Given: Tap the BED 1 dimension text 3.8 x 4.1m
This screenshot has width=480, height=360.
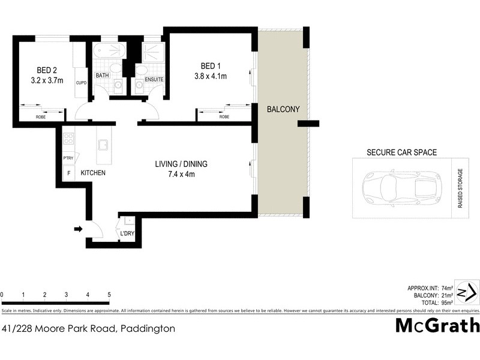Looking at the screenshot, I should pyautogui.click(x=215, y=76).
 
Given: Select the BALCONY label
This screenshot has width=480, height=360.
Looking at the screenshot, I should pyautogui.click(x=283, y=109).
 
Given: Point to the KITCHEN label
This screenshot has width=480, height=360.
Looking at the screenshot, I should pyautogui.click(x=93, y=173).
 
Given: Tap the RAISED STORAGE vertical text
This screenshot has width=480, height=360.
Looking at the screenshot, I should pyautogui.click(x=461, y=188).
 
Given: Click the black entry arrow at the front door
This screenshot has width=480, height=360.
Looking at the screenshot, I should pyautogui.click(x=77, y=229).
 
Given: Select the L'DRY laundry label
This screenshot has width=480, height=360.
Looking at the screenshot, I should pyautogui.click(x=127, y=233).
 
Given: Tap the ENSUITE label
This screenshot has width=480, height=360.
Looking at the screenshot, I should pyautogui.click(x=154, y=79).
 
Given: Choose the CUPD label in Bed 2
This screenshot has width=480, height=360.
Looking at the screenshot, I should pyautogui.click(x=81, y=83).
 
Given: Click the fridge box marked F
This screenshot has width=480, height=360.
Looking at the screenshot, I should pyautogui.click(x=68, y=173).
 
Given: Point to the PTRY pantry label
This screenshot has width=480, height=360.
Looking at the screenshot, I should pyautogui.click(x=68, y=158).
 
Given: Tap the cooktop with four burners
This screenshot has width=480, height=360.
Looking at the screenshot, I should pyautogui.click(x=68, y=139).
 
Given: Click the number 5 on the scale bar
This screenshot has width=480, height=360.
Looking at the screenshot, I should pyautogui.click(x=109, y=295).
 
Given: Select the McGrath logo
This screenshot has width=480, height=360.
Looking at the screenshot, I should pyautogui.click(x=437, y=325).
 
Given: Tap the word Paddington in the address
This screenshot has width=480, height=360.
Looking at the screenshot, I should pyautogui.click(x=148, y=328).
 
